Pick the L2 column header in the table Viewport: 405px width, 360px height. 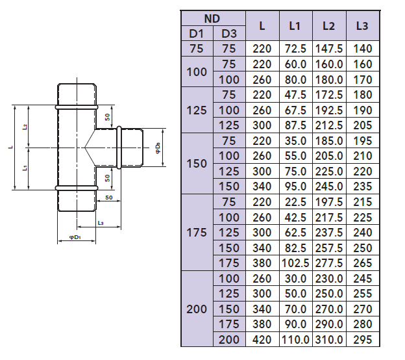(328, 26)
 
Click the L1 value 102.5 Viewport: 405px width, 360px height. (295, 263)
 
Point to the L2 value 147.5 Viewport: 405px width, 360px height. (328, 49)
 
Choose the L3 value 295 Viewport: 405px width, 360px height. (363, 339)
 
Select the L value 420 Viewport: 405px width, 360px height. (262, 339)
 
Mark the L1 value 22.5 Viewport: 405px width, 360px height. (295, 201)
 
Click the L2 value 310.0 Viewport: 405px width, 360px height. (328, 339)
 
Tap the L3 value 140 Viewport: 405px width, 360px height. (363, 49)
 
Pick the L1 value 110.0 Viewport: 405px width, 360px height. (295, 339)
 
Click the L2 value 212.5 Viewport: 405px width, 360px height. (328, 125)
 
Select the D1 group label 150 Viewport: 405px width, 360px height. (197, 163)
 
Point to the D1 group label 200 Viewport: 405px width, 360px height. (197, 309)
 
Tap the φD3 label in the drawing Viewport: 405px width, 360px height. (158, 149)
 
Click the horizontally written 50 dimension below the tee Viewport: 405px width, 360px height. (108, 197)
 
